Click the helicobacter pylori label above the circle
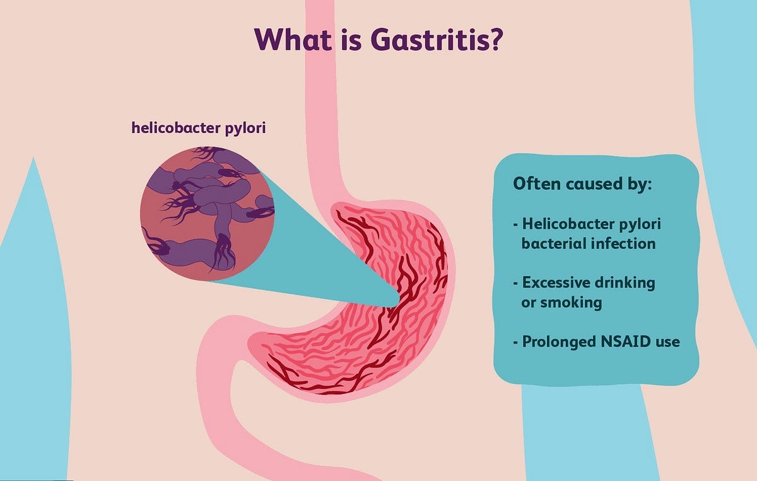click(199, 127)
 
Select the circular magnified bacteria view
click(207, 213)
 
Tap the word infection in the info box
click(625, 243)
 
